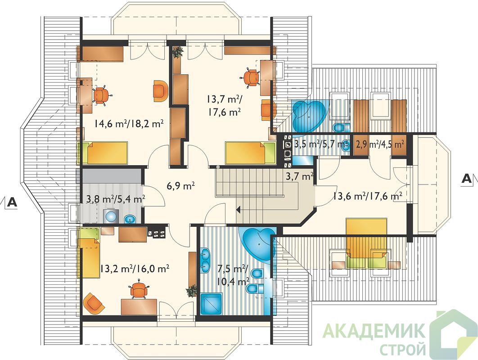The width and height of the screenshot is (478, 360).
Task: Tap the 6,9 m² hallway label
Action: tap(181, 186)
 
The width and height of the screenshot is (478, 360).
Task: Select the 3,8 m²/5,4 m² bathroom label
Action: tap(116, 199)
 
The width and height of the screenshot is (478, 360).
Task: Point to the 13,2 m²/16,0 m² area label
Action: tap(135, 269)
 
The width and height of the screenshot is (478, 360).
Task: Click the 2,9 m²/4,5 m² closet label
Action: tap(380, 144)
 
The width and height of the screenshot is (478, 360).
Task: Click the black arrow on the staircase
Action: tap(239, 209)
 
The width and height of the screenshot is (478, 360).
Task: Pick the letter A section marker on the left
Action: tap(12, 202)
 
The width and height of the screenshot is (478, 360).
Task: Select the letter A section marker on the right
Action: tap(466, 178)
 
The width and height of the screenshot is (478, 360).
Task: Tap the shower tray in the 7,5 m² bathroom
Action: tap(212, 304)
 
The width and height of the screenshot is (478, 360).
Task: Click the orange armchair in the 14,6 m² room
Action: tap(160, 90)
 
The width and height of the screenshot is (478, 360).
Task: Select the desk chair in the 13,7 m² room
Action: tap(251, 76)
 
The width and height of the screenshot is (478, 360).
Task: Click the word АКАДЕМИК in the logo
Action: tap(374, 331)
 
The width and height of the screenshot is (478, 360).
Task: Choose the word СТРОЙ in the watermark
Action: tap(402, 348)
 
